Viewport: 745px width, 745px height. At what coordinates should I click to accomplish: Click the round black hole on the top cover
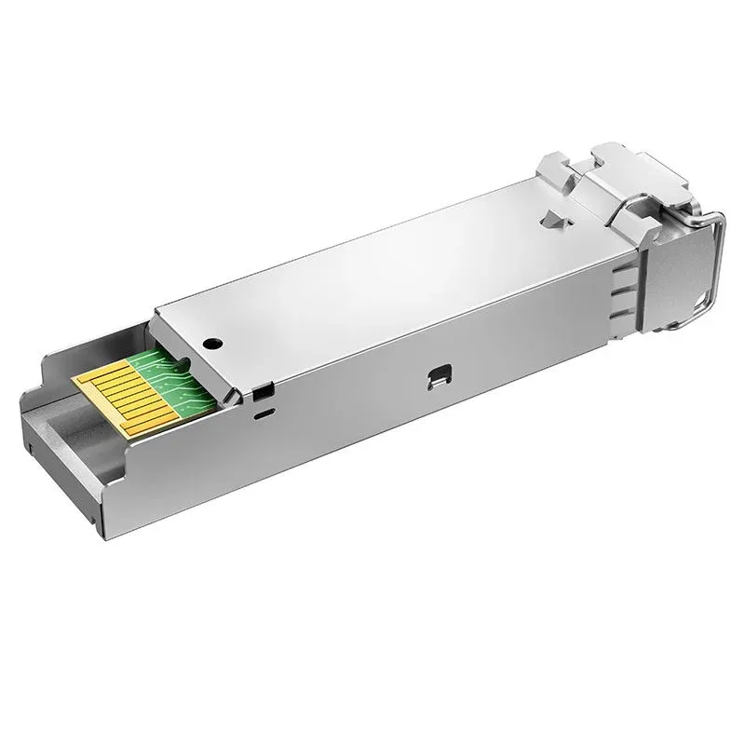(x=214, y=343)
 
